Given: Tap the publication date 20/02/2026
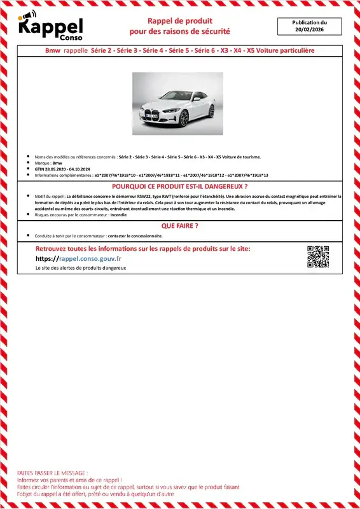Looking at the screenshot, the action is pos(310,30).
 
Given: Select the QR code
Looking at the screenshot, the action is pos(318,256).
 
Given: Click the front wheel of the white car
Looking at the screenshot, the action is pos(184,119).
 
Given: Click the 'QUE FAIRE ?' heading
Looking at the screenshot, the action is pos(180,226).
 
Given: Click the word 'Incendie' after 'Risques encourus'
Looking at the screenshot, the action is pos(118,215).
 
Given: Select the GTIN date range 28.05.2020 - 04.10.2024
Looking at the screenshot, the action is pos(66,169).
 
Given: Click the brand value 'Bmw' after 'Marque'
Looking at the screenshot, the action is pos(58,163).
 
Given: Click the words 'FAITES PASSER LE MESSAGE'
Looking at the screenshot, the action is pos(52,474).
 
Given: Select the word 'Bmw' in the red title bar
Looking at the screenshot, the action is pos(53,50).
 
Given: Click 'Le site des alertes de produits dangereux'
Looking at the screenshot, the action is pos(81,268).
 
